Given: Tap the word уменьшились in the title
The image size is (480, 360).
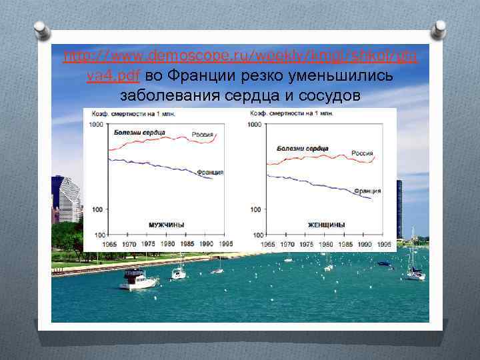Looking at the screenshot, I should (x=347, y=77).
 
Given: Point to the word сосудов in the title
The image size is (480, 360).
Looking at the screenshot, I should (x=327, y=96).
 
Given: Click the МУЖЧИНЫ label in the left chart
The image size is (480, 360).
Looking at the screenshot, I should (x=166, y=225).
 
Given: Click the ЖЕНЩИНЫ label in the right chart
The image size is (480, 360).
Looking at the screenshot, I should (x=326, y=225).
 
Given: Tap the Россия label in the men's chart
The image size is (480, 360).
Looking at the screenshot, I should (x=203, y=135).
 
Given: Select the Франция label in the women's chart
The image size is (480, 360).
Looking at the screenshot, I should (x=367, y=191).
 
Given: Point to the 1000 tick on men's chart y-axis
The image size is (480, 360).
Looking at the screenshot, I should (x=95, y=125).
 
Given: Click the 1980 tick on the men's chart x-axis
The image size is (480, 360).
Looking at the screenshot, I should (x=167, y=245).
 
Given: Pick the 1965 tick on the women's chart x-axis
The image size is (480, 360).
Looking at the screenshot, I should (x=267, y=245).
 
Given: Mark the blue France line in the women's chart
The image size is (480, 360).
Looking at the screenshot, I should (x=313, y=183).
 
